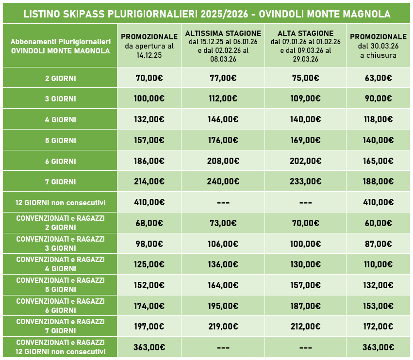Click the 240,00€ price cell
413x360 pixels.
[223, 181]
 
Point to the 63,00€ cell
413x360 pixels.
[378, 78]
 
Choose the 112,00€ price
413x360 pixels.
[223, 98]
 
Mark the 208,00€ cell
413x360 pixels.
[223, 161]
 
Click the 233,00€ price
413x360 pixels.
[305, 181]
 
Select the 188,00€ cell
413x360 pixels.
[378, 181]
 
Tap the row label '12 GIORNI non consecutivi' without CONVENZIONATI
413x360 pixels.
[60, 202]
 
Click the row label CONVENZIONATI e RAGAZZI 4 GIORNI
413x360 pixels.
[60, 264]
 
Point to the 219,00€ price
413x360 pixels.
[223, 327]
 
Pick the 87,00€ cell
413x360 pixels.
[378, 244]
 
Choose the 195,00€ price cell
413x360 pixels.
[223, 306]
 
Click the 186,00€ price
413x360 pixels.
[149, 161]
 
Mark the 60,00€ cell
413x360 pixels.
[378, 223]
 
